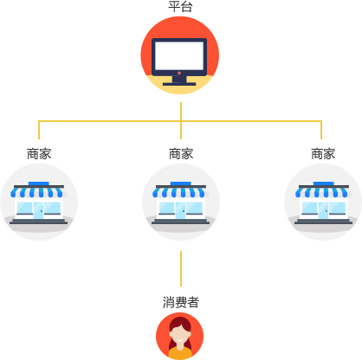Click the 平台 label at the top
[x=180, y=7]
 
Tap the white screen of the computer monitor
[x=179, y=55]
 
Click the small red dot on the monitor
[x=179, y=73]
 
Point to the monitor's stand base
[x=179, y=84]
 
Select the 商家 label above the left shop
[x=39, y=154]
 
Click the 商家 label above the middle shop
[x=181, y=154]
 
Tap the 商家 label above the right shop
[x=323, y=154]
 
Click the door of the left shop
[x=38, y=210]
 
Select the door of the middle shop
[x=180, y=210]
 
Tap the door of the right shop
[x=323, y=210]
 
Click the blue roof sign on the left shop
[x=39, y=183]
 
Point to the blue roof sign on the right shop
[x=324, y=183]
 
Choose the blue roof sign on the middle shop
[x=181, y=183]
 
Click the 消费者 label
[x=181, y=302]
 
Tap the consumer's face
[x=180, y=335]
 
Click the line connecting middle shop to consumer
[x=181, y=268]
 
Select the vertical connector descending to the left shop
[x=39, y=130]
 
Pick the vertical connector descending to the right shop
[x=321, y=130]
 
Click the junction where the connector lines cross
[x=181, y=121]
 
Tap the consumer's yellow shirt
[x=180, y=353]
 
